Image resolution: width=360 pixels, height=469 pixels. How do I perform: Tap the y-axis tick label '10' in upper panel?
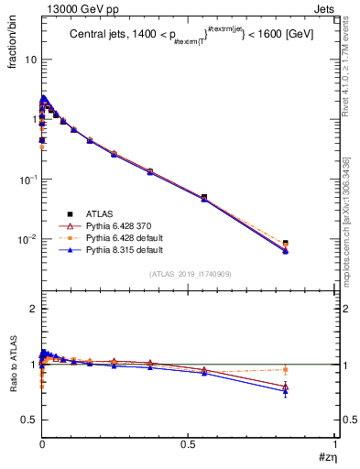(30, 60)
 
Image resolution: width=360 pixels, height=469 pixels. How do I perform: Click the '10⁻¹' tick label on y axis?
(28, 179)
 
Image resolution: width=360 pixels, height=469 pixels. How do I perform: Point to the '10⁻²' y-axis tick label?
(28, 239)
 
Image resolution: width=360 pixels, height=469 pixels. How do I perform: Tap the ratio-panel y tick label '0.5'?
(29, 420)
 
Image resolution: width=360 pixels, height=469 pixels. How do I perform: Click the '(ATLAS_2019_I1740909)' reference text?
(189, 274)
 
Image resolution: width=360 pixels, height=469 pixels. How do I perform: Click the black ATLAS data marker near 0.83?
(286, 243)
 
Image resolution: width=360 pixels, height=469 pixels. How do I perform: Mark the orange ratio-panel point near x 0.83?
(286, 370)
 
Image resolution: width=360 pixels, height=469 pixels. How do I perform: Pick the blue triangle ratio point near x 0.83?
(286, 391)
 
